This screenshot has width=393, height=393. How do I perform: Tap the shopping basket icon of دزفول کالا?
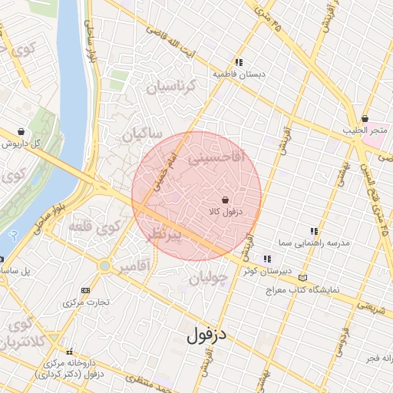(223, 200)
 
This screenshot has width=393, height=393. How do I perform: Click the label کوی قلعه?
(96, 227)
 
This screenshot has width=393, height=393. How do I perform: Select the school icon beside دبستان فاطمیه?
(239, 63)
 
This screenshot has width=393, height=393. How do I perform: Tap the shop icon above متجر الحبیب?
(365, 118)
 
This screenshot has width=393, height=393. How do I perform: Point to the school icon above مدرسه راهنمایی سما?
(313, 230)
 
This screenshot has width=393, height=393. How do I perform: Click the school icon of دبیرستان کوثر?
(266, 259)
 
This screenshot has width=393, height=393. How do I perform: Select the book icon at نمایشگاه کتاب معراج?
(303, 278)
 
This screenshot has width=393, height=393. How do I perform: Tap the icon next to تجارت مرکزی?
(84, 290)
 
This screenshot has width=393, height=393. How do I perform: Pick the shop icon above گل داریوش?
(20, 131)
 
